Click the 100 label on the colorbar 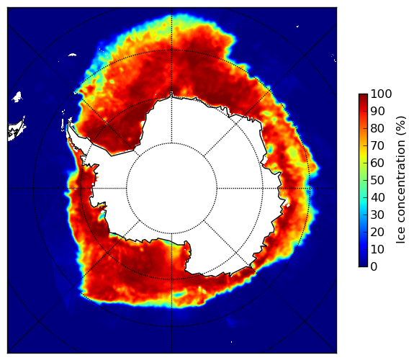(x=382, y=94)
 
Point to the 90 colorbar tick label (x=377, y=111)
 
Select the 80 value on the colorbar (x=377, y=129)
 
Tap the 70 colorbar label (x=377, y=145)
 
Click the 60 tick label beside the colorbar (x=377, y=163)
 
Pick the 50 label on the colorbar (x=377, y=181)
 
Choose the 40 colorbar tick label (x=377, y=197)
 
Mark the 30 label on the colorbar (x=377, y=215)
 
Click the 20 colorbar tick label (x=377, y=232)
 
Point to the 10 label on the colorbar (x=377, y=249)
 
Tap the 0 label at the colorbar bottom (x=374, y=267)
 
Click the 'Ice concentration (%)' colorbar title (x=401, y=180)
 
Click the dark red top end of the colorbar (x=363, y=96)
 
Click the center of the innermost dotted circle (x=171, y=189)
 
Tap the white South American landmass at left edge (x=16, y=130)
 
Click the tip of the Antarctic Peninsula (x=69, y=123)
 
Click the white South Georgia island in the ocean (x=72, y=55)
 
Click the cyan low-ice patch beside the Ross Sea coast (x=101, y=216)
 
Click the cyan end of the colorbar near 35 (x=363, y=207)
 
